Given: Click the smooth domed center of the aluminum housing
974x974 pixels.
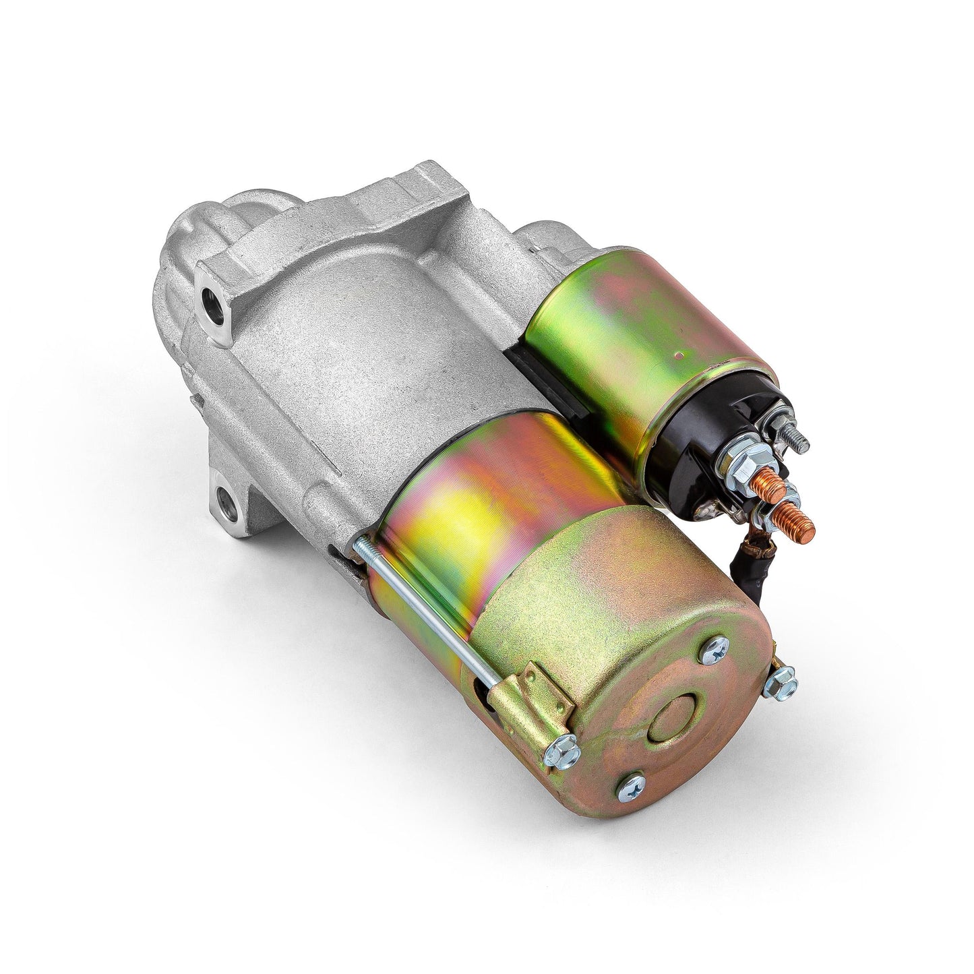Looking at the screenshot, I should [x=377, y=344].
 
